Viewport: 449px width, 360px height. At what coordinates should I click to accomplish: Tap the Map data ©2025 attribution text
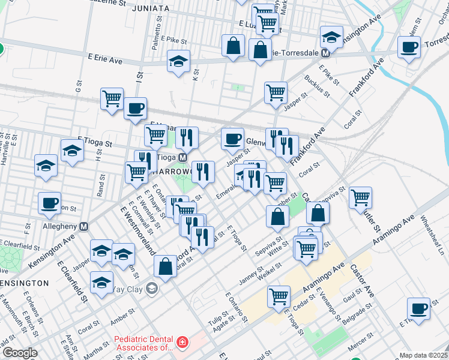pyautogui.click(x=423, y=355)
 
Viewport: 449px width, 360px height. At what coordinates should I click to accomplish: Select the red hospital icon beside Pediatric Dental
pyautogui.click(x=181, y=343)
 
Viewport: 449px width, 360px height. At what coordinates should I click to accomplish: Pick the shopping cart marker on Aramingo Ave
pyautogui.click(x=279, y=296)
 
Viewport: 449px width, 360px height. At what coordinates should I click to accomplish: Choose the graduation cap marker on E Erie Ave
pyautogui.click(x=178, y=62)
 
